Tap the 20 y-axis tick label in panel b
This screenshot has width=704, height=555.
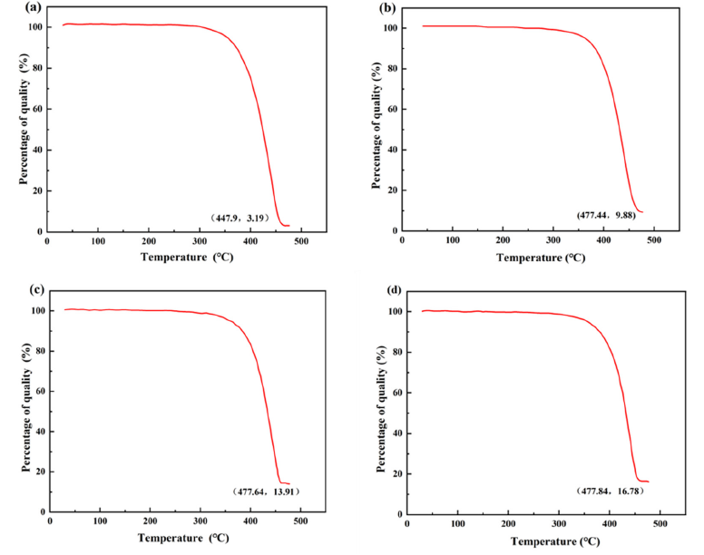point(391,190)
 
